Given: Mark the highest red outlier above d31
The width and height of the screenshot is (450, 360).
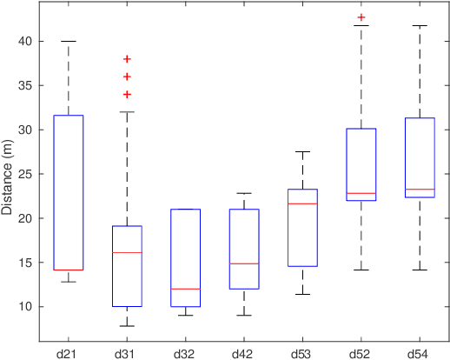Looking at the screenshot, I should click(127, 59).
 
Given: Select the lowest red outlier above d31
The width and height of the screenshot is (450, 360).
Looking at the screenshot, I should click(127, 94).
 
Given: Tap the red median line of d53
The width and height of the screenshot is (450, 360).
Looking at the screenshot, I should click(302, 203).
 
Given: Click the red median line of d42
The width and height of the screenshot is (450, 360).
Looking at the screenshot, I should click(244, 263).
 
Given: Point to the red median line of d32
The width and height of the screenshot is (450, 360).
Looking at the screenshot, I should click(185, 289).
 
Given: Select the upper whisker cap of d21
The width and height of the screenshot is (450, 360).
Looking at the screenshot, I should click(68, 41).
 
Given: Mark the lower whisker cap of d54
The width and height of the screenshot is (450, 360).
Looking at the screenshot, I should click(420, 270).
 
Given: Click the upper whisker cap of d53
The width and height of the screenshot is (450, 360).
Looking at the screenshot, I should click(302, 152).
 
